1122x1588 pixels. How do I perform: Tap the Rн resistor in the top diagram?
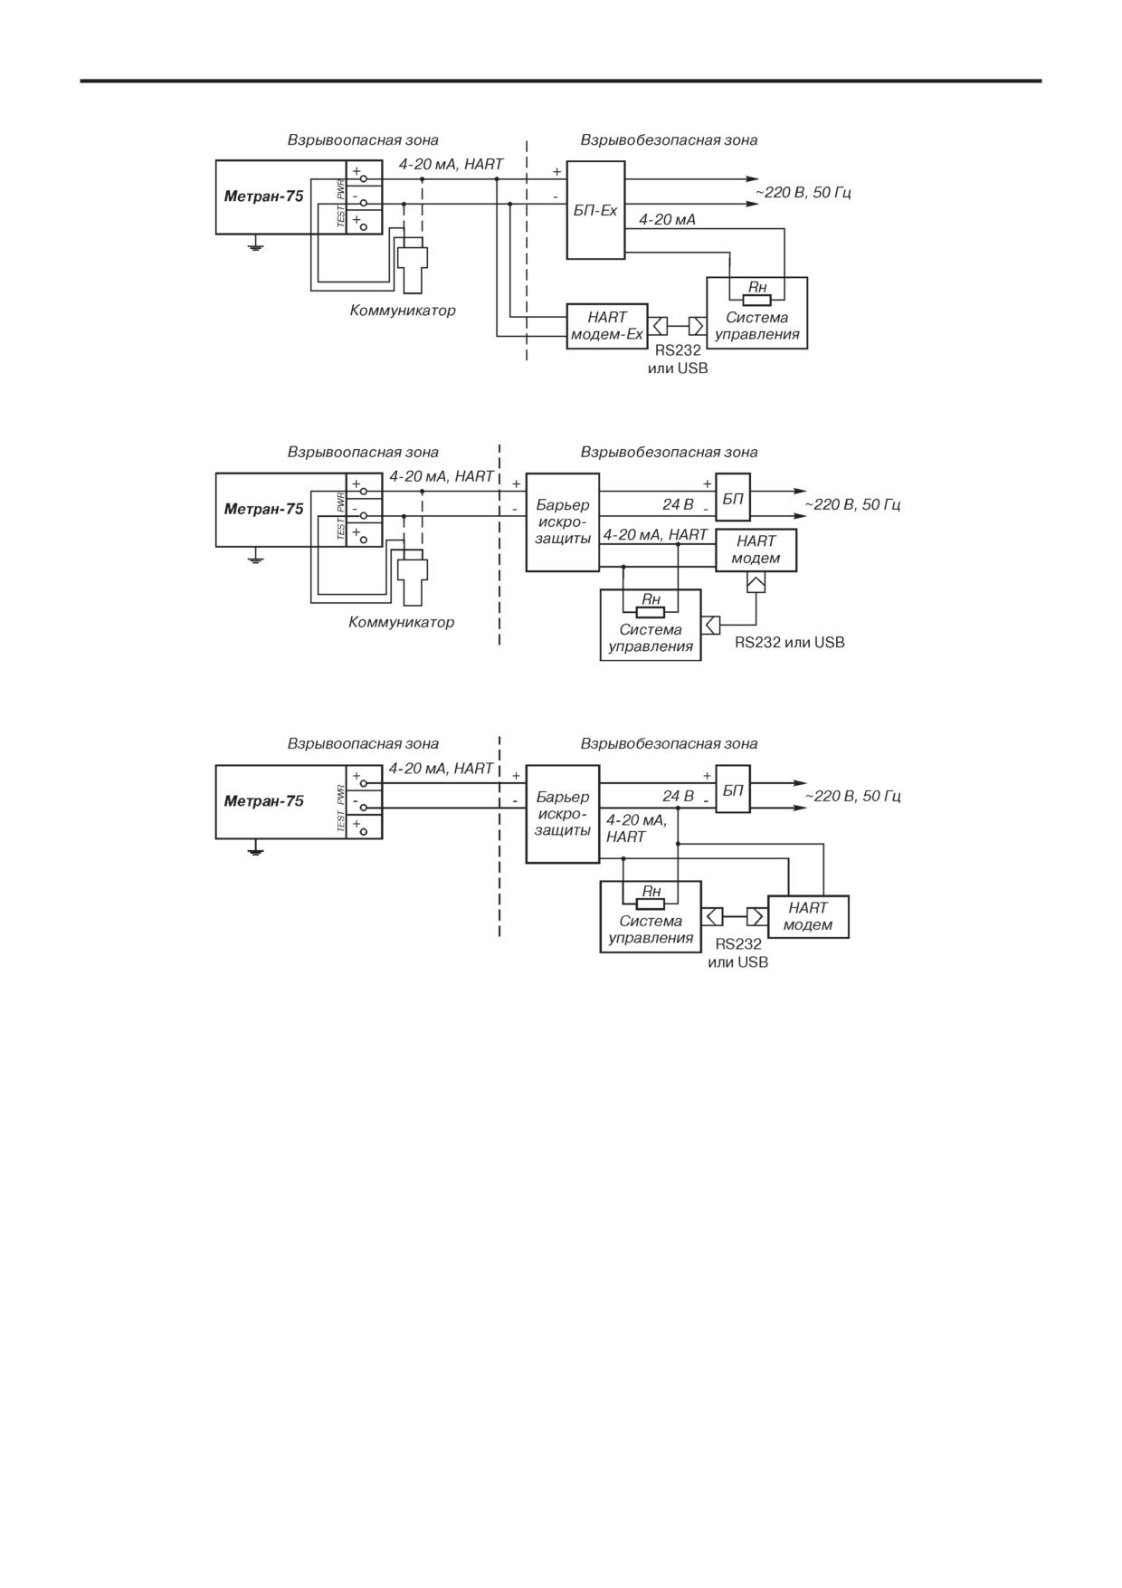point(756,301)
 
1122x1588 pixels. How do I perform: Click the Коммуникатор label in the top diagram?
point(403,311)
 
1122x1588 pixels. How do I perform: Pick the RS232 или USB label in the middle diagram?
point(789,642)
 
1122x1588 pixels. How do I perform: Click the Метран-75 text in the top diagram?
point(263,196)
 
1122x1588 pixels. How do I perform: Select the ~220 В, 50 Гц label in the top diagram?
point(803,193)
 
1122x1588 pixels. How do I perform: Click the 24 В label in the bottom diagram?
point(678,796)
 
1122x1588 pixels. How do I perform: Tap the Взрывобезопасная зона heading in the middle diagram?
point(669,452)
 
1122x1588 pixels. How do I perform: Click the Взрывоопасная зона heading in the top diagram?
point(363,140)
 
